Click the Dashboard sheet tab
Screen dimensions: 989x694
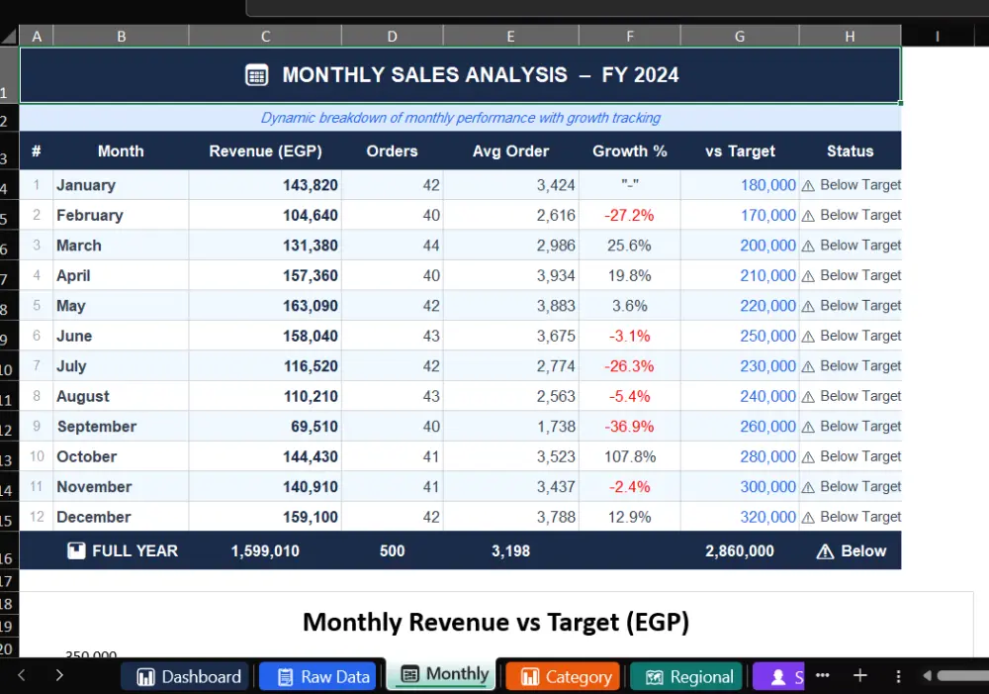pyautogui.click(x=189, y=677)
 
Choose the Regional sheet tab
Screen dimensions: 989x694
pyautogui.click(x=688, y=677)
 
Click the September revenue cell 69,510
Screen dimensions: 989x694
pyautogui.click(x=315, y=427)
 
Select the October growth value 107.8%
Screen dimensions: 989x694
pyautogui.click(x=629, y=456)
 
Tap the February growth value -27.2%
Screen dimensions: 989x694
pyautogui.click(x=629, y=216)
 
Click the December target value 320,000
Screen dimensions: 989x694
pyautogui.click(x=767, y=517)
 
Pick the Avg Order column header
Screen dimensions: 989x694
pyautogui.click(x=511, y=151)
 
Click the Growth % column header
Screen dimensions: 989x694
pyautogui.click(x=629, y=151)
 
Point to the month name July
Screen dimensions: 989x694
pyautogui.click(x=71, y=366)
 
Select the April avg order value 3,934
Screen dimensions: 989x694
pyautogui.click(x=556, y=276)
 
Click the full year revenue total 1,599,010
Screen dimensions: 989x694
pyautogui.click(x=265, y=551)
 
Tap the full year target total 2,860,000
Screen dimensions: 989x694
pyautogui.click(x=739, y=551)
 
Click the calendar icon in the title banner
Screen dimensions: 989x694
pyautogui.click(x=257, y=75)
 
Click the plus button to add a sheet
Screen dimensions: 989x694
pyautogui.click(x=859, y=676)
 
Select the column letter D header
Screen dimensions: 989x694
pyautogui.click(x=393, y=36)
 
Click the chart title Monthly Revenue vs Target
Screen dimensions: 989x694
pyautogui.click(x=495, y=622)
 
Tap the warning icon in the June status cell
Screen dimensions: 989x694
pyautogui.click(x=808, y=337)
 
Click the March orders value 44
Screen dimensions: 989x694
pyautogui.click(x=431, y=246)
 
